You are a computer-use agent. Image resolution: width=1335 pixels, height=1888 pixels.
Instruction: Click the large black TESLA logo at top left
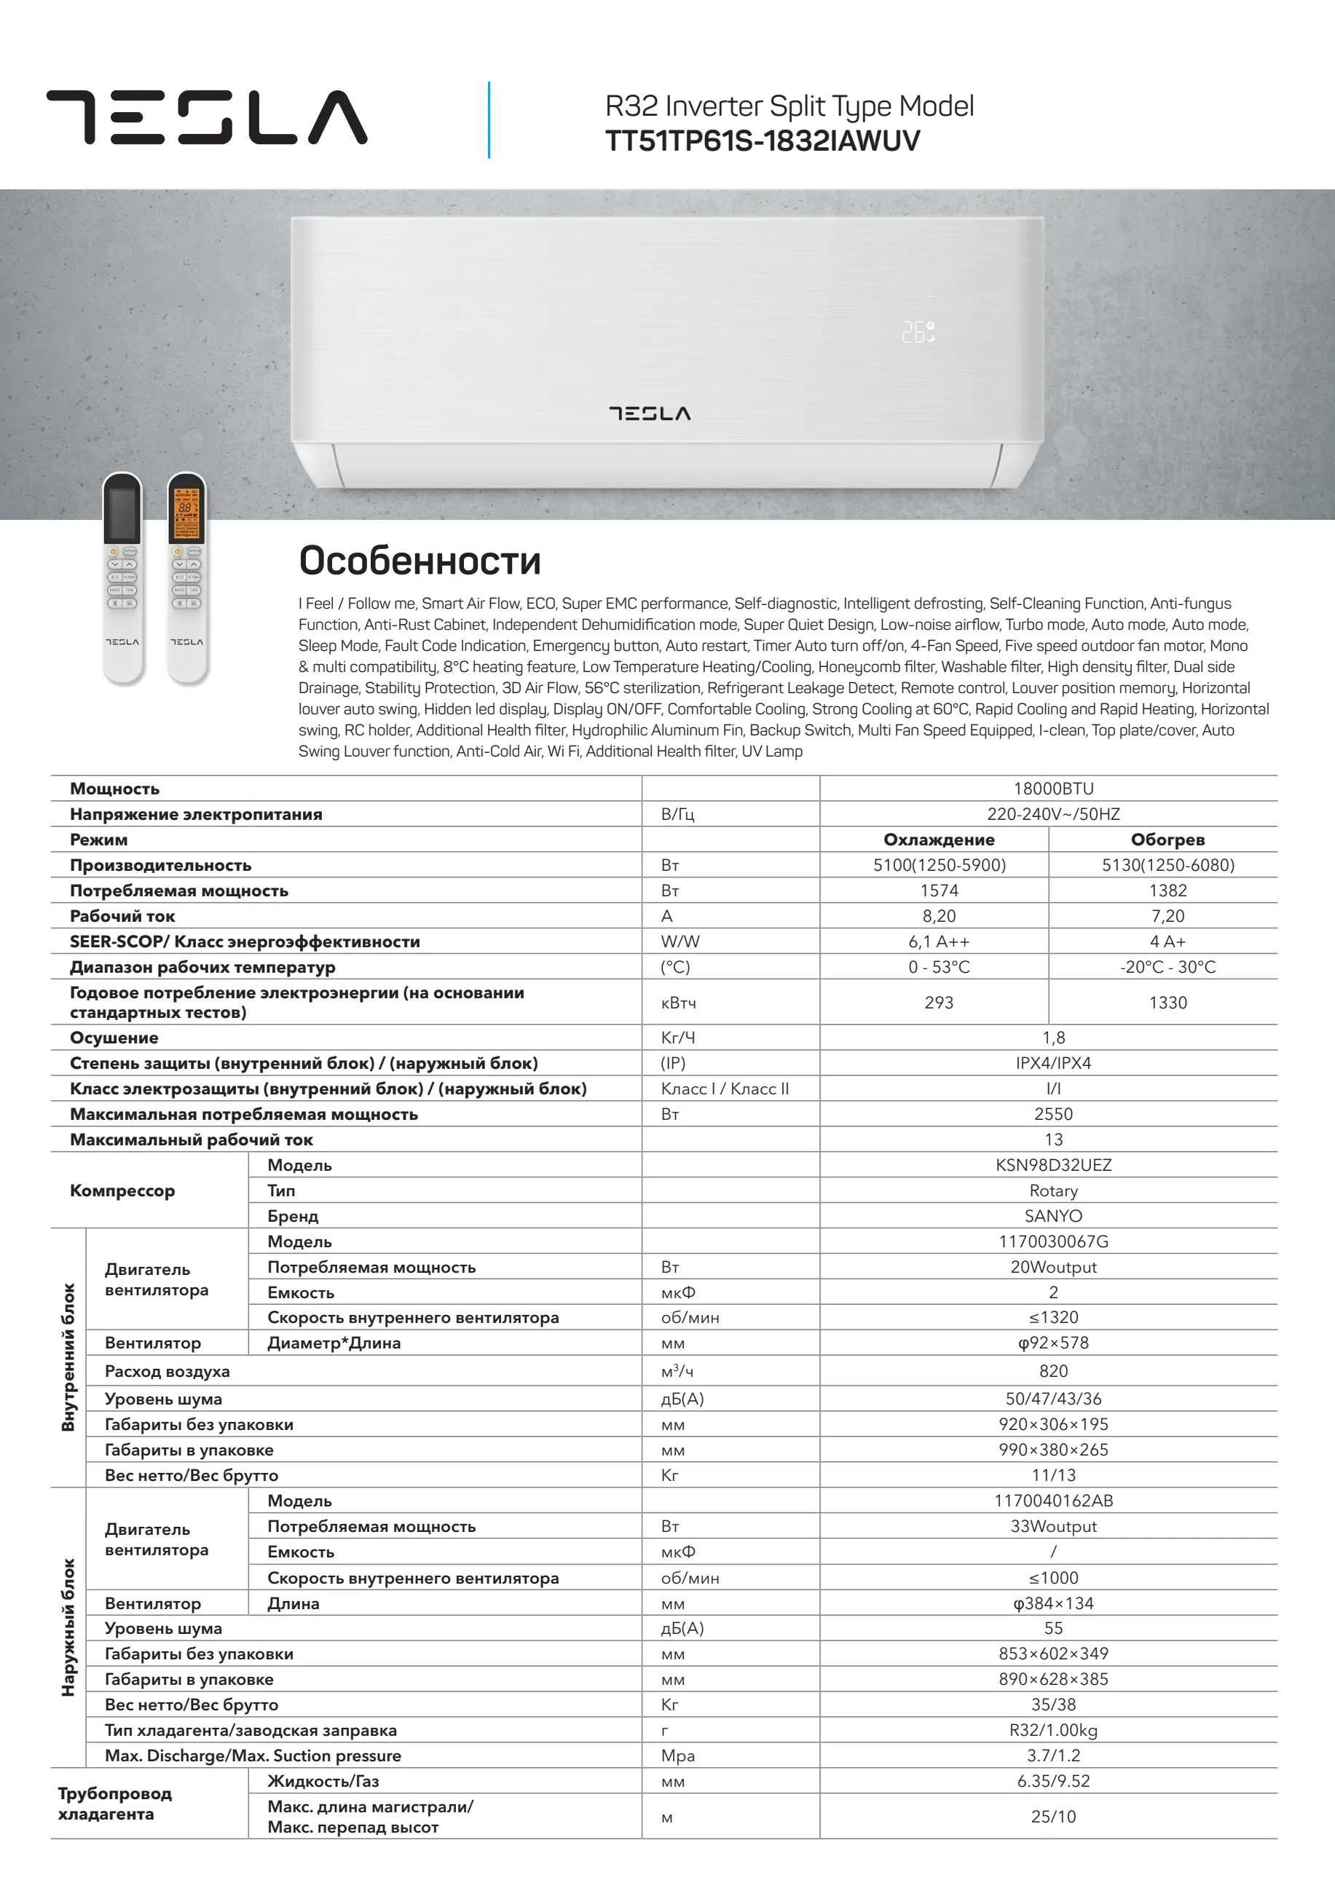[206, 117]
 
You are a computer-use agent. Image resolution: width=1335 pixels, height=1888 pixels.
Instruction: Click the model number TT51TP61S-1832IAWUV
[763, 141]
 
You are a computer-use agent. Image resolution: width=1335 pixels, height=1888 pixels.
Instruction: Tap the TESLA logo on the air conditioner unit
[650, 413]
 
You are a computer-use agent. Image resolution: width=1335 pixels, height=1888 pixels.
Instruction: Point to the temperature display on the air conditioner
[918, 332]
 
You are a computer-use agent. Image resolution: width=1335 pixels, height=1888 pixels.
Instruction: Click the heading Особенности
[420, 561]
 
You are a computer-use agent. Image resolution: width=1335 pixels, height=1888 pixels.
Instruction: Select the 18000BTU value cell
[1053, 789]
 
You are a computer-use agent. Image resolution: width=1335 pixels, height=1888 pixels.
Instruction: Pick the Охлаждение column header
[939, 840]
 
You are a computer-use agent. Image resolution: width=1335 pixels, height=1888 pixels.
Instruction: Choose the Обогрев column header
[1167, 840]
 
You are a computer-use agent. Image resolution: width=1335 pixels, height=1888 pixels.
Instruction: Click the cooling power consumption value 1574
[939, 890]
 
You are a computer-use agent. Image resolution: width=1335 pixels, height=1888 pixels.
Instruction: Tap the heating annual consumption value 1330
[1167, 1003]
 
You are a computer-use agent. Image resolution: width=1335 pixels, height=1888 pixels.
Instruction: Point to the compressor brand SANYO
[1053, 1215]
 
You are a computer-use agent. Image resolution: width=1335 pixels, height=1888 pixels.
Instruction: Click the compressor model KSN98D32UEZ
[1053, 1164]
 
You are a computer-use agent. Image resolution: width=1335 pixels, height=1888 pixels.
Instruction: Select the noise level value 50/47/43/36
[1053, 1399]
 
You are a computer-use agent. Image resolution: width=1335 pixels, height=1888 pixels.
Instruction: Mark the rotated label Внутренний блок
[68, 1356]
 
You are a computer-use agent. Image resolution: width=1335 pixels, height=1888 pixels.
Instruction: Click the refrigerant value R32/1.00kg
[1053, 1730]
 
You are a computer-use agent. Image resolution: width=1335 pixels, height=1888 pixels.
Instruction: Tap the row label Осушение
[114, 1038]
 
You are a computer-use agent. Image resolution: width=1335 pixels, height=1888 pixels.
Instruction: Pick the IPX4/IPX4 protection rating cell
[1053, 1063]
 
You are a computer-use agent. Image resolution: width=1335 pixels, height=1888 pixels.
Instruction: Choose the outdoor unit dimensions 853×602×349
[1053, 1654]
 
